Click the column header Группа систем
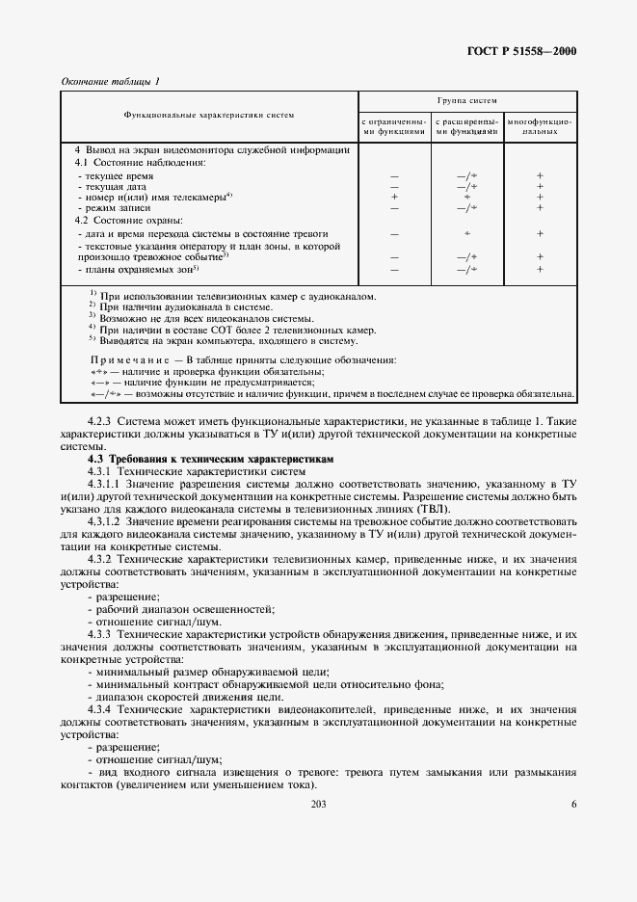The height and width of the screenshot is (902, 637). (x=467, y=100)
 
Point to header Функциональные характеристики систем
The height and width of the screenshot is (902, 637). (x=209, y=115)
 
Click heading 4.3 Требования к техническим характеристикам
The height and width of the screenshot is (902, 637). (x=210, y=460)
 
